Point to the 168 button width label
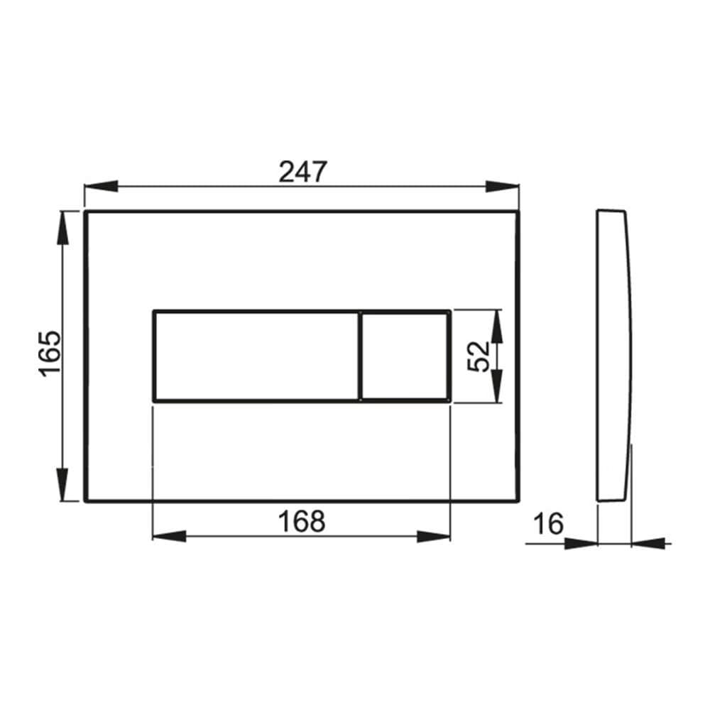coord(301,521)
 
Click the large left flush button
coord(256,356)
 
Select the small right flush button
coord(405,356)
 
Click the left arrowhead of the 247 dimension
coord(100,187)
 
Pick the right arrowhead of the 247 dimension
coord(503,187)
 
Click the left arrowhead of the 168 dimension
coord(168,536)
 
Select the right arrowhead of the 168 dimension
coord(435,536)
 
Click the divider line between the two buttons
coord(360,356)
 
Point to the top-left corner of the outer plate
coord(85,212)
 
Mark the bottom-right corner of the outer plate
coord(518,500)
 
